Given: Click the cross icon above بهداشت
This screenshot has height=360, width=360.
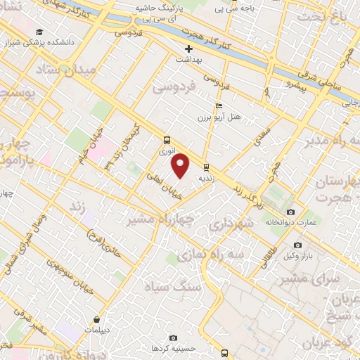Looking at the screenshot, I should pyautogui.click(x=188, y=49).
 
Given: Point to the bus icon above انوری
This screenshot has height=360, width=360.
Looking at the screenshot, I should pyautogui.click(x=167, y=139).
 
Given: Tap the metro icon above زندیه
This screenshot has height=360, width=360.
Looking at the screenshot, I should pyautogui.click(x=206, y=167).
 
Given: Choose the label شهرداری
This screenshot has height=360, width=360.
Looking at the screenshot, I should pyautogui.click(x=228, y=224).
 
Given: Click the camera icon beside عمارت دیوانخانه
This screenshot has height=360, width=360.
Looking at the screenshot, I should pyautogui.click(x=291, y=212).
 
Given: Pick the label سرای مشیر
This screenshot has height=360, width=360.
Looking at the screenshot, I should pyautogui.click(x=306, y=279).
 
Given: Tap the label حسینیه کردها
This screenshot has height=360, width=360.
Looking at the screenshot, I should pyautogui.click(x=174, y=348).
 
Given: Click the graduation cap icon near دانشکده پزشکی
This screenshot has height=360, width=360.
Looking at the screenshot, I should pyautogui.click(x=39, y=33).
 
